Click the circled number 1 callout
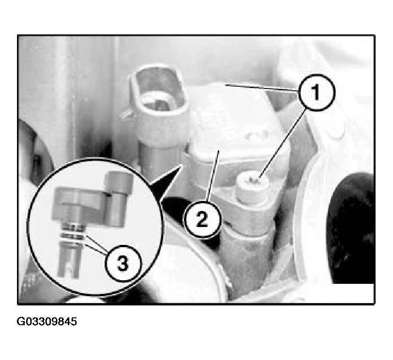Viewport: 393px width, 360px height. coord(316,92)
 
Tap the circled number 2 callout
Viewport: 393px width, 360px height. coord(203,220)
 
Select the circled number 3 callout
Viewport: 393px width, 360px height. coord(123,264)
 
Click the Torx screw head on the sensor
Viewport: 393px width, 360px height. coord(253,186)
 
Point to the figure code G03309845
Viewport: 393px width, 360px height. coord(47,321)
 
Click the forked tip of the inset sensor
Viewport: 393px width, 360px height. coord(68,260)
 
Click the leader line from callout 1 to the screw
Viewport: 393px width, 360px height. coord(282,144)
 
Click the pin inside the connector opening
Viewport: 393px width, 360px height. coord(159,104)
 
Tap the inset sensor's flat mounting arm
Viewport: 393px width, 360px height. coord(80,204)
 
